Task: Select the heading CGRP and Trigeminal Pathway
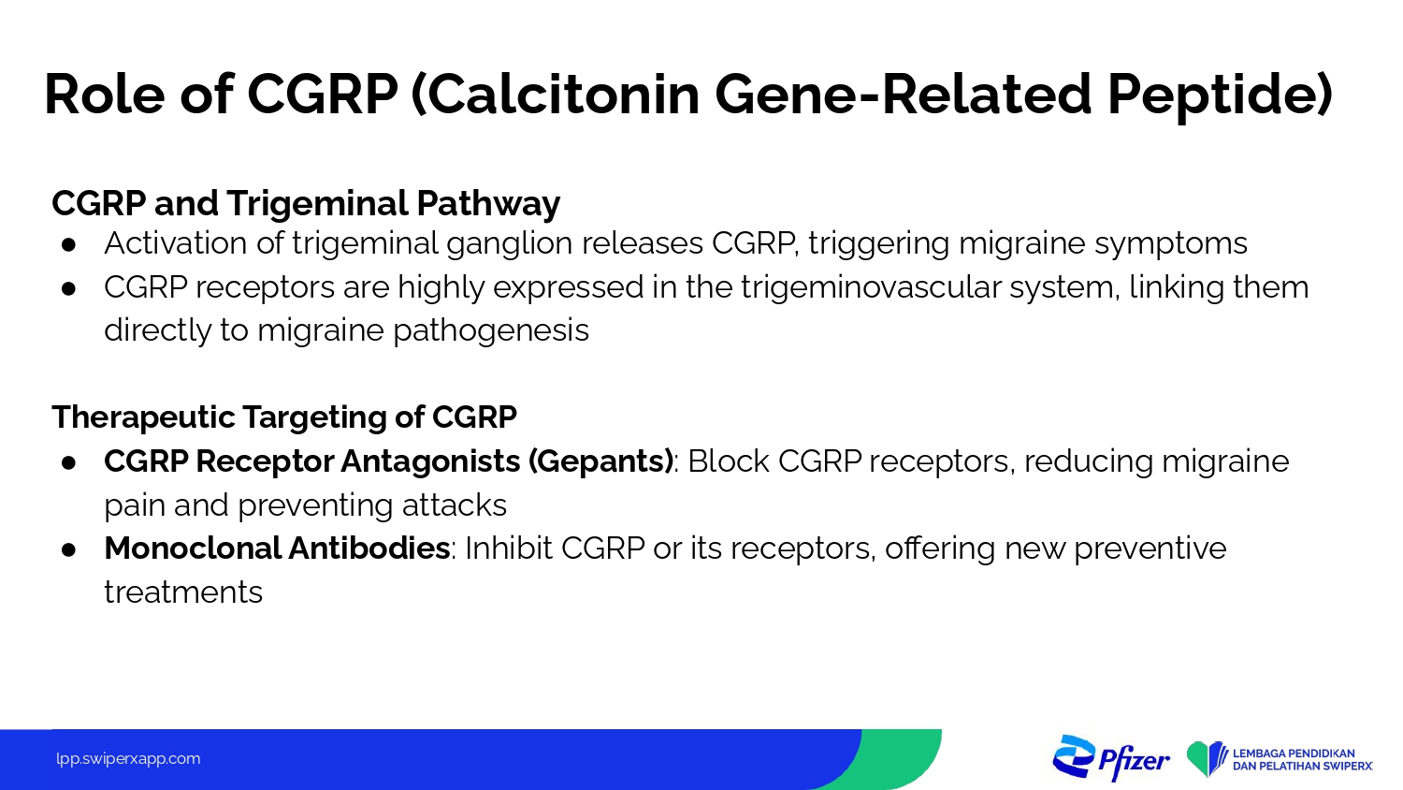point(306,204)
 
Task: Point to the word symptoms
point(1171,244)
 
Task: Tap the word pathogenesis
point(491,331)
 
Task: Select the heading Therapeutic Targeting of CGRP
point(284,417)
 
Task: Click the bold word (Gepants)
point(600,461)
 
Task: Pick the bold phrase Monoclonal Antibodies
point(277,548)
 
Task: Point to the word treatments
point(183,592)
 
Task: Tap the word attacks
point(454,505)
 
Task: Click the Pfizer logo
point(1110,758)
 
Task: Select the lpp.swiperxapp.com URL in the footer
point(128,759)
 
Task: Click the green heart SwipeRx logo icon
point(1207,759)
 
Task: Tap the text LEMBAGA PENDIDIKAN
point(1294,753)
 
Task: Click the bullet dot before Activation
point(68,245)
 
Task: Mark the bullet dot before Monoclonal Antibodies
point(68,549)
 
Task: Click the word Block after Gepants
point(729,461)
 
